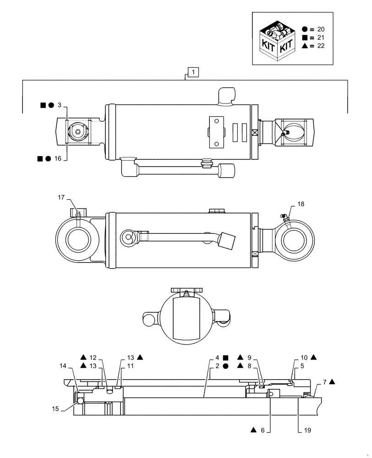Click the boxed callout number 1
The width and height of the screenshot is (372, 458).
(x=193, y=72)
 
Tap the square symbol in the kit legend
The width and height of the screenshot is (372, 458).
(x=305, y=37)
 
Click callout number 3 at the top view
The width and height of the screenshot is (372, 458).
(x=59, y=105)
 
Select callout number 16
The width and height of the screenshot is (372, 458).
(x=57, y=158)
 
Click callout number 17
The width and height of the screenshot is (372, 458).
(x=61, y=197)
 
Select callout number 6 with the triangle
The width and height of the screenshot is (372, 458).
(x=263, y=430)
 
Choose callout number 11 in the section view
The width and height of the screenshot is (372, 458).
(x=130, y=366)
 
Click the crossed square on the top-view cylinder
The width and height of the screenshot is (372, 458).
(x=255, y=133)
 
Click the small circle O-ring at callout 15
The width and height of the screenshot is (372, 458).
(x=81, y=401)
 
